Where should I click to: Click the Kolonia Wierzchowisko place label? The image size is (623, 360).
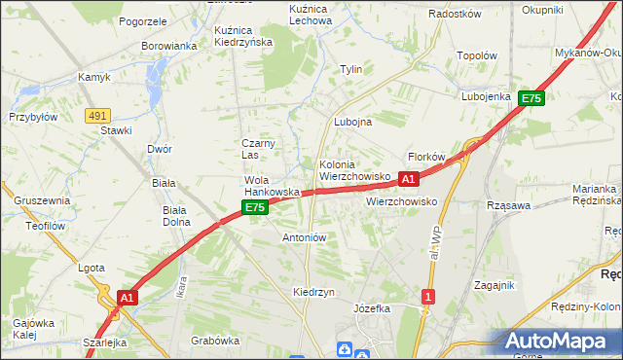point(354,171)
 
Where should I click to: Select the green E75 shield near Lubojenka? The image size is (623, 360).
point(531,98)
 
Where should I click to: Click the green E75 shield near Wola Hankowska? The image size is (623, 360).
point(254,207)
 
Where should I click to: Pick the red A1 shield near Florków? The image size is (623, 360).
point(409,179)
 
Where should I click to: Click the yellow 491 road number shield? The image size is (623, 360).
point(95,115)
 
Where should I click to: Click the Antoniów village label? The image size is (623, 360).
point(304,237)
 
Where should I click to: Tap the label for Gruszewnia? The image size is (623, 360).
point(42,200)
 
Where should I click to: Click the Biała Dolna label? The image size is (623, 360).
point(176,215)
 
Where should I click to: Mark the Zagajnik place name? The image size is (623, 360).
point(494,285)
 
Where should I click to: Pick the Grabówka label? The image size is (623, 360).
point(215,341)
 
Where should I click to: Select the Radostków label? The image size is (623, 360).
point(455,15)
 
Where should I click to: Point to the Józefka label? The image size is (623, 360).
point(372,307)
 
